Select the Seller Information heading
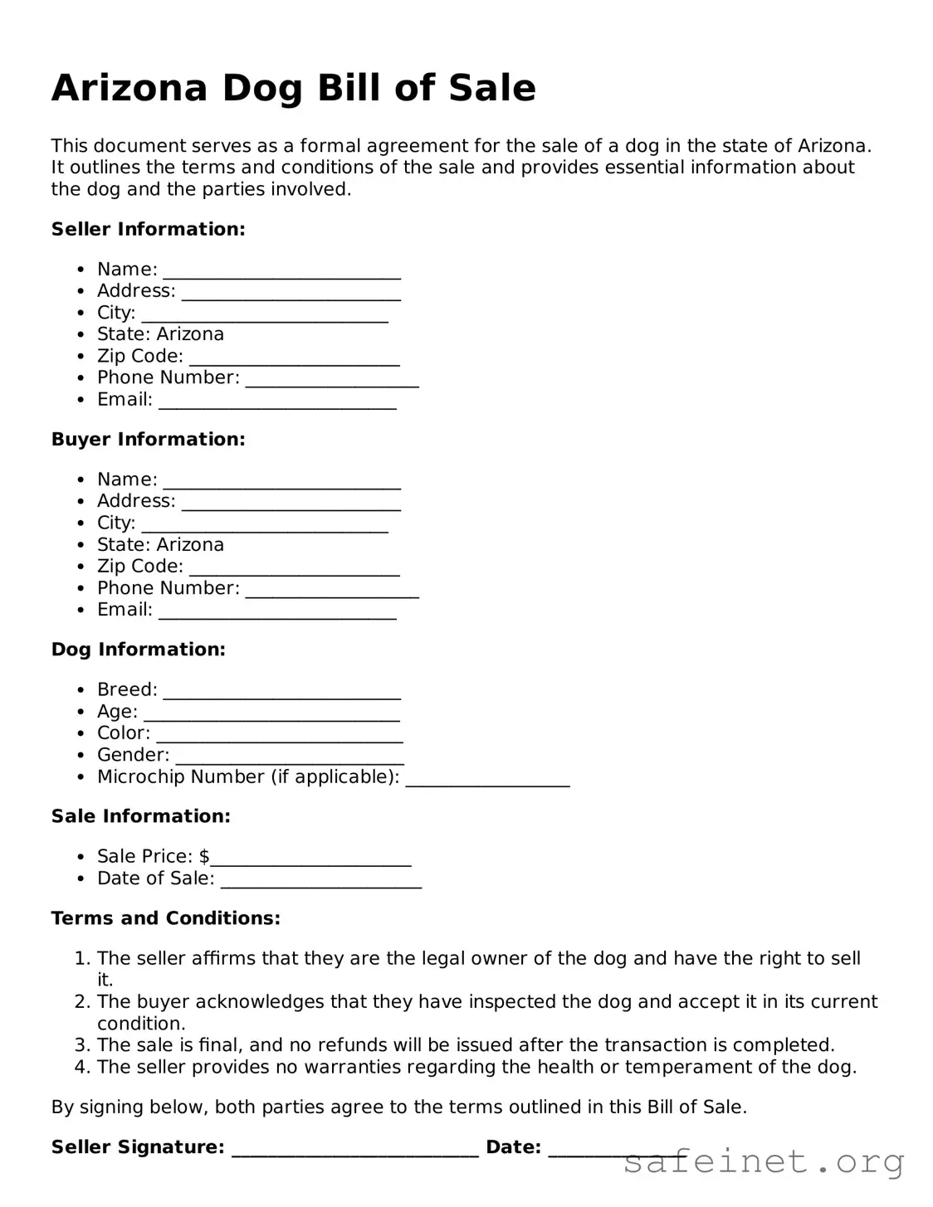[148, 230]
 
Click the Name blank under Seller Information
[281, 272]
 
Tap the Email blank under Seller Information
[277, 402]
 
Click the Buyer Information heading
[148, 440]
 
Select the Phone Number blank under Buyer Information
[332, 591]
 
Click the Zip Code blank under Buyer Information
[294, 569]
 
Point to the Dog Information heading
[138, 650]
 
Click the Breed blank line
[281, 693]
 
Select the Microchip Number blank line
[487, 780]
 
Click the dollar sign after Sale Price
[204, 856]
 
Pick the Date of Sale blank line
[321, 881]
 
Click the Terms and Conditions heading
[165, 918]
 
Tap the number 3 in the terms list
[81, 1045]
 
